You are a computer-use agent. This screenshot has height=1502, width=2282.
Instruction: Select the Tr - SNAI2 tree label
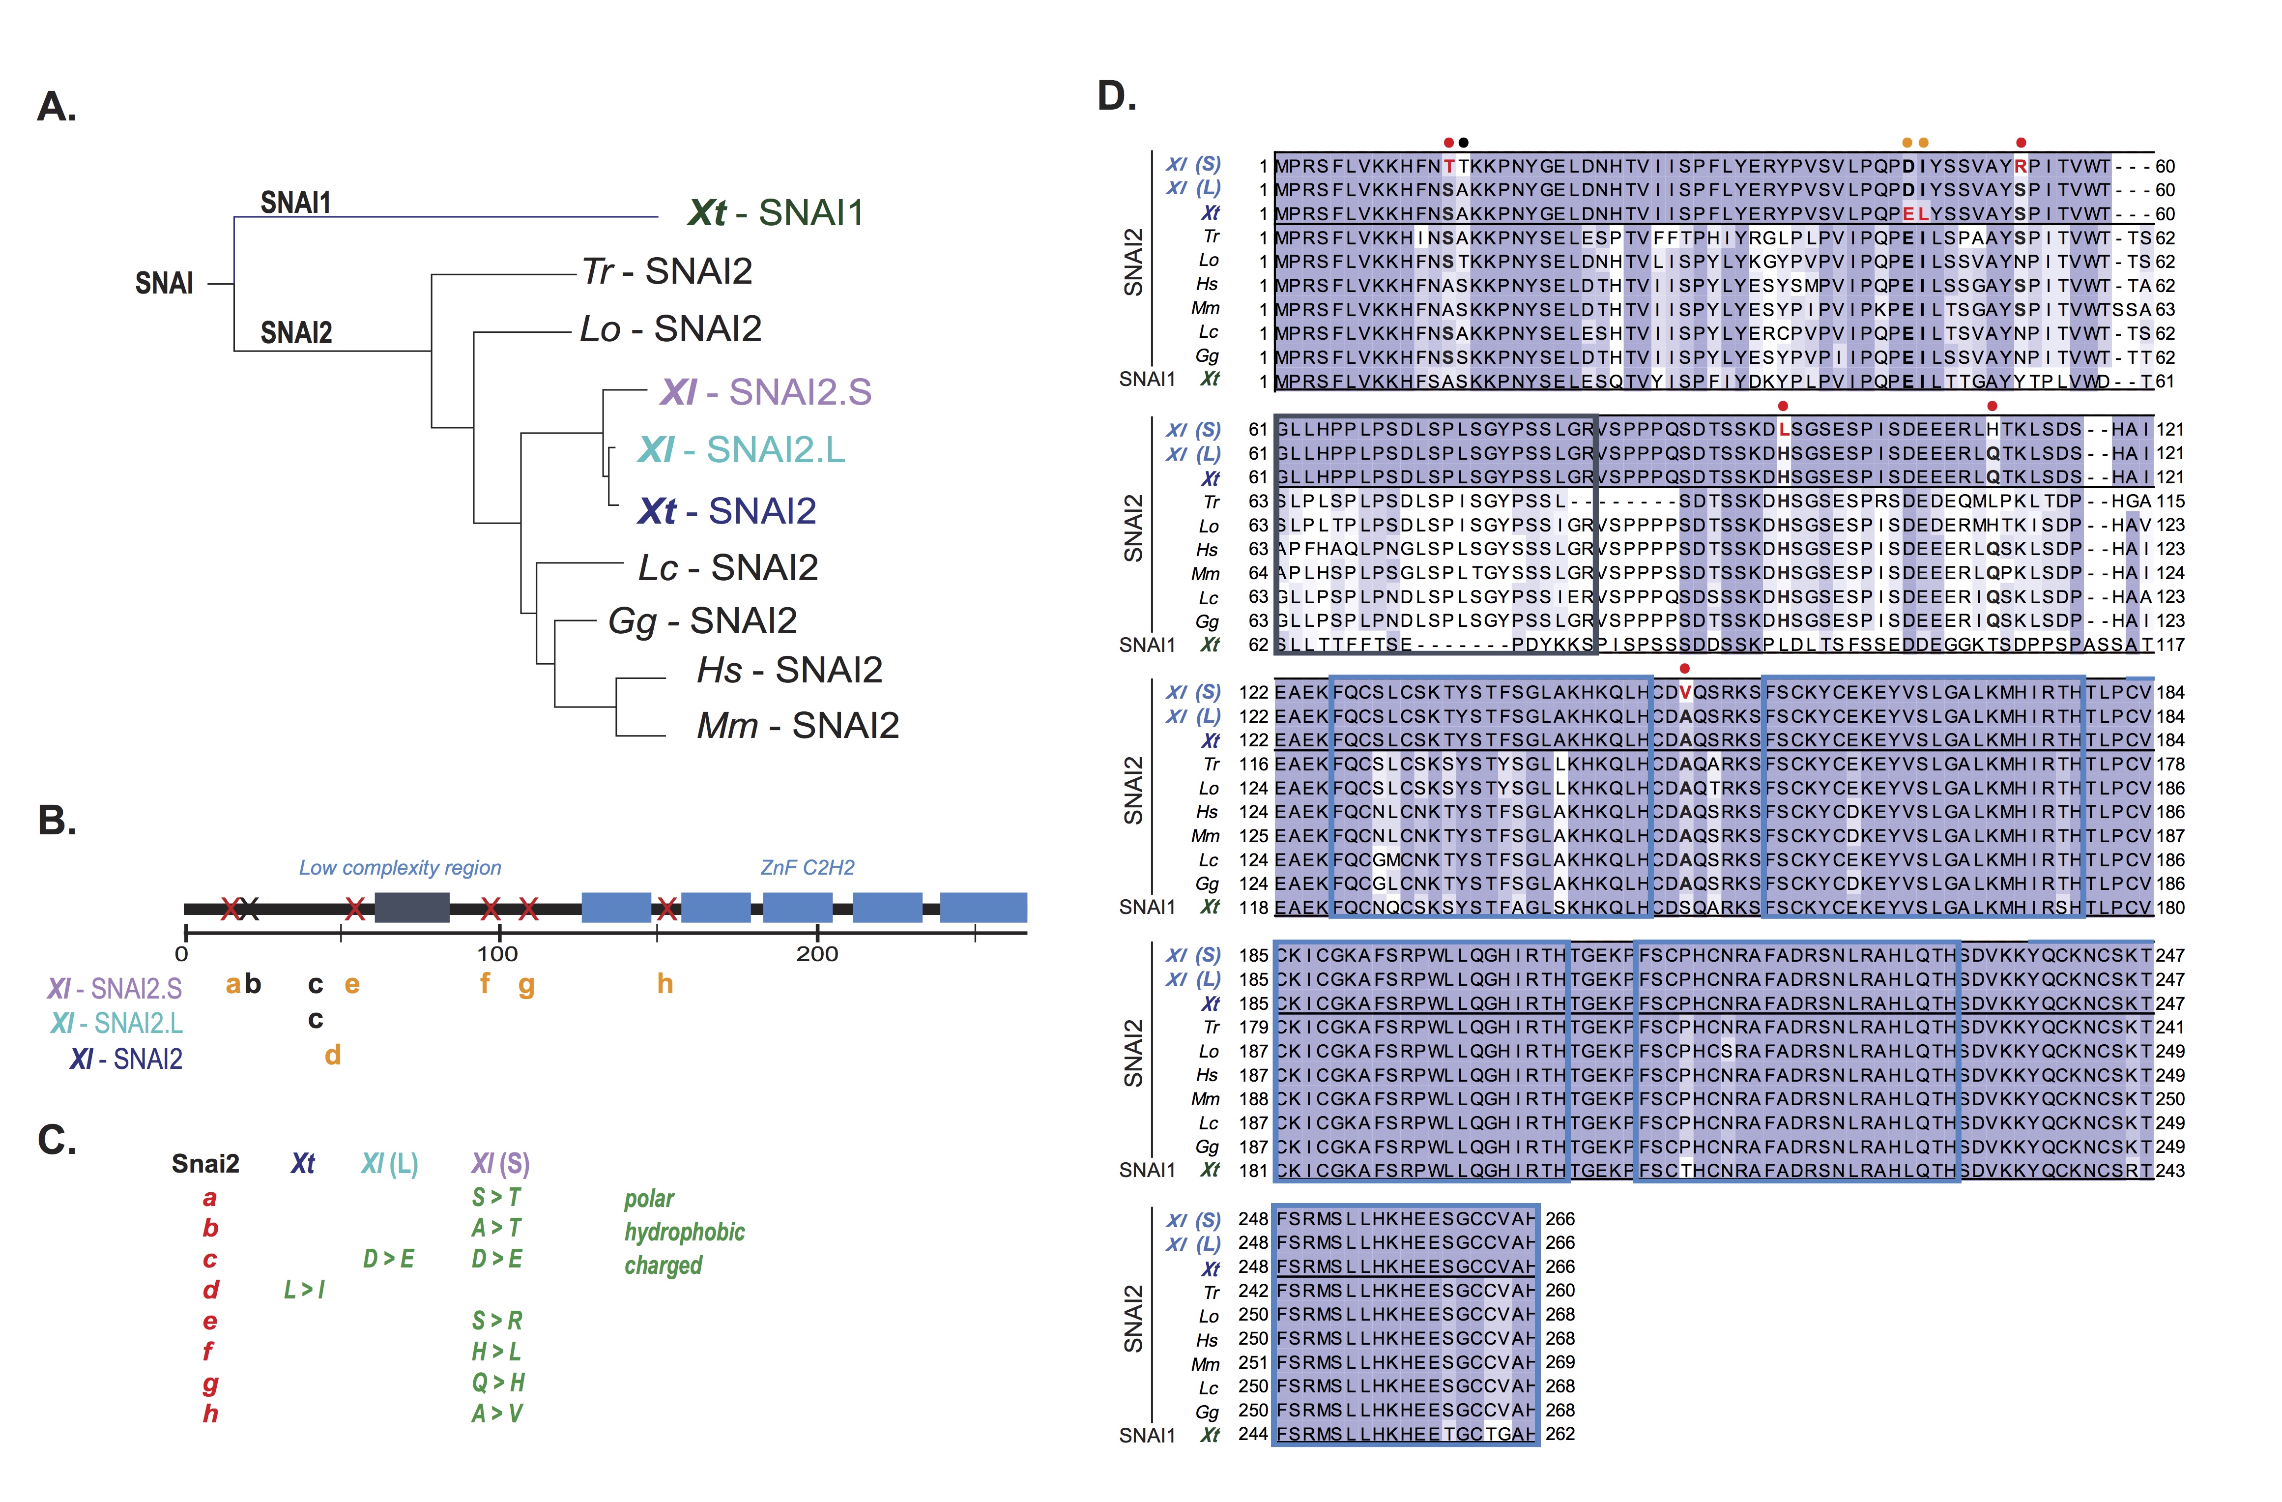[x=667, y=271]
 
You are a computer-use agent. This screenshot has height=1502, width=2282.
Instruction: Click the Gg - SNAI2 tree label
[x=702, y=621]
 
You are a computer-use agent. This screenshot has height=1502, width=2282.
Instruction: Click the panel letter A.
[x=56, y=107]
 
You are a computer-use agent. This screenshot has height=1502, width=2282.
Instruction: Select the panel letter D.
[x=1116, y=96]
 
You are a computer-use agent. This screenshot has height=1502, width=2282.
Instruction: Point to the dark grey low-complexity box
[x=411, y=907]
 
